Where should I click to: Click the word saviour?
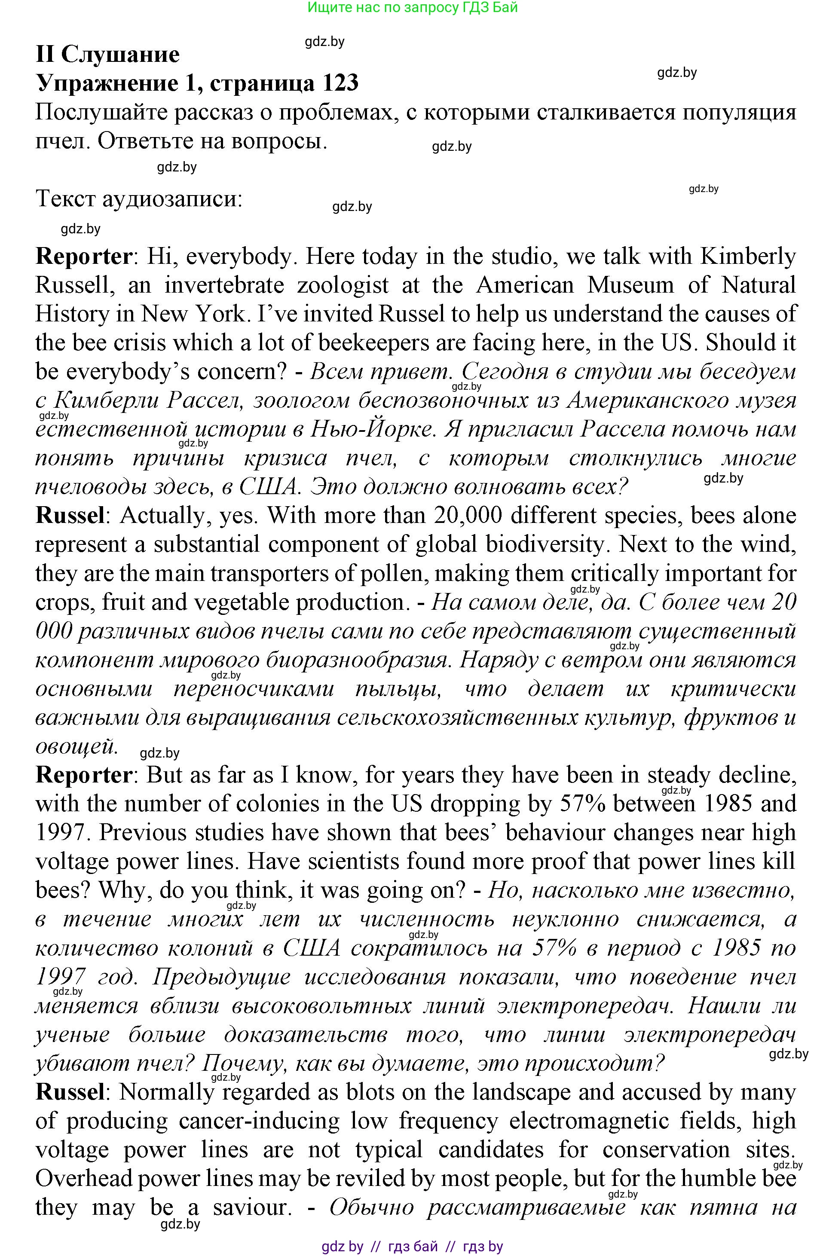click(x=252, y=1207)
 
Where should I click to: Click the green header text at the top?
click(x=412, y=7)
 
